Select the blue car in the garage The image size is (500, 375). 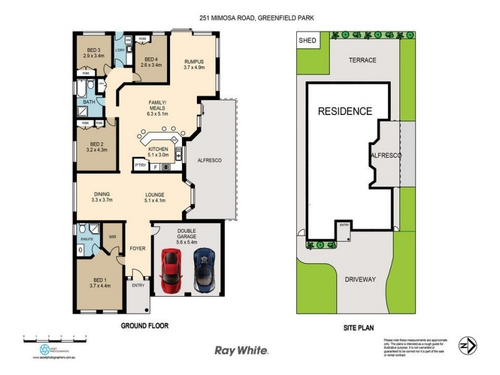pyautogui.click(x=204, y=269)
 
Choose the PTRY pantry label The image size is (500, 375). pyautogui.click(x=141, y=166)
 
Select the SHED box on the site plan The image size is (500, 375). pyautogui.click(x=307, y=41)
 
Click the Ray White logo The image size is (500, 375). pyautogui.click(x=241, y=351)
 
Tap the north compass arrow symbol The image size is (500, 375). pyautogui.click(x=467, y=345)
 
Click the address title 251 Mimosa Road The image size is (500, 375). pyautogui.click(x=250, y=19)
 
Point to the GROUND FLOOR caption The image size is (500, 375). pyautogui.click(x=144, y=326)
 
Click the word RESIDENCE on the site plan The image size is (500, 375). pyautogui.click(x=345, y=112)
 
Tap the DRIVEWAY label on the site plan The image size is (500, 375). pyautogui.click(x=361, y=279)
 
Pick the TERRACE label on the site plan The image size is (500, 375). pyautogui.click(x=362, y=60)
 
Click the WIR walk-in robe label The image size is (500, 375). pyautogui.click(x=113, y=237)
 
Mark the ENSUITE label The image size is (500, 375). pyautogui.click(x=86, y=239)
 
